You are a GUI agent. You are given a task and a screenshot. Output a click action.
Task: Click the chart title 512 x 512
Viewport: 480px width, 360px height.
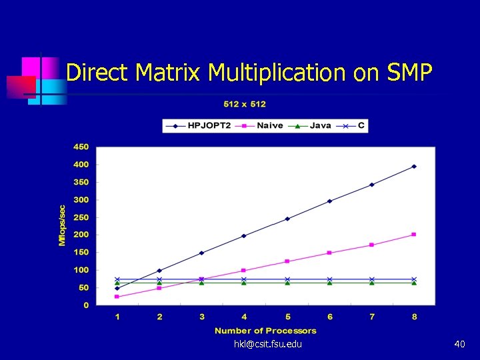pos(244,104)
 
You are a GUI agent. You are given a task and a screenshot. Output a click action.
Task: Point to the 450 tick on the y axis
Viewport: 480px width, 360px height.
pos(81,147)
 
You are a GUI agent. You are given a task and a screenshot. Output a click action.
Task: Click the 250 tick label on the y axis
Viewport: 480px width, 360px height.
pos(81,217)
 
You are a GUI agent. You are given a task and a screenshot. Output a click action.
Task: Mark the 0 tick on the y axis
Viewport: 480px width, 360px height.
pos(85,305)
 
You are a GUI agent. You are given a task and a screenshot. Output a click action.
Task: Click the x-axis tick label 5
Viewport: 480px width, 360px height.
pos(287,317)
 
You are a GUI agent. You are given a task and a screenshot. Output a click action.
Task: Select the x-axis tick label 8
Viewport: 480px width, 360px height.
pos(414,317)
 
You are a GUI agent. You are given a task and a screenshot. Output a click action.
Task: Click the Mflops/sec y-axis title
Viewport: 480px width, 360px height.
pos(62,225)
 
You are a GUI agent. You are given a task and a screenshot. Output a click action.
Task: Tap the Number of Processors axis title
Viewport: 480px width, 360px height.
pos(265,331)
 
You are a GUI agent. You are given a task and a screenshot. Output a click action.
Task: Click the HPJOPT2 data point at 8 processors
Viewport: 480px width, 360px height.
pos(414,166)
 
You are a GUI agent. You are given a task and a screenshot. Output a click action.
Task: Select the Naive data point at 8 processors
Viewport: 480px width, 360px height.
pos(414,234)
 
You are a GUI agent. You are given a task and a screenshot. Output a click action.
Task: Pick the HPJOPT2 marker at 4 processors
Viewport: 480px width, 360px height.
pos(244,235)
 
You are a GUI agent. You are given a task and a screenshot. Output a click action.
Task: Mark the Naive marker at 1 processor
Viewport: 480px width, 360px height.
pos(117,297)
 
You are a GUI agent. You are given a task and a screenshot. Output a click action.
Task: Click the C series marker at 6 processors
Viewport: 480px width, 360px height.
pos(329,279)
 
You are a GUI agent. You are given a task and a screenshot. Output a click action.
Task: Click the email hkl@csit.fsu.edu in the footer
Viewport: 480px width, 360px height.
pos(268,344)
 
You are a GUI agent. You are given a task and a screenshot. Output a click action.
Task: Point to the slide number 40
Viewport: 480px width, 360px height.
pos(459,344)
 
